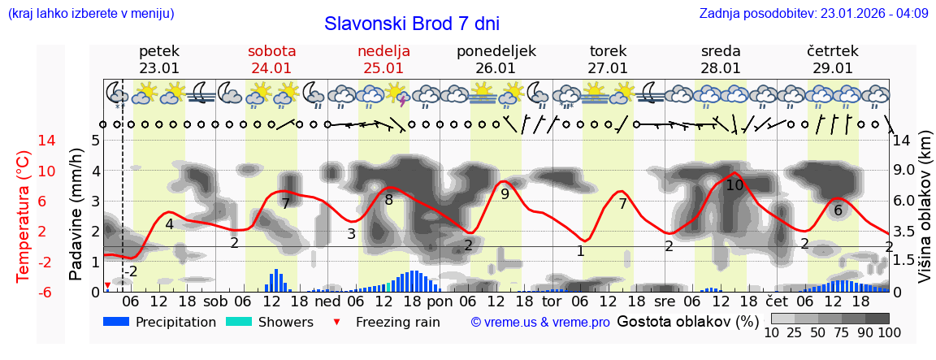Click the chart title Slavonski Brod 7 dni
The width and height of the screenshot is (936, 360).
pyautogui.click(x=412, y=24)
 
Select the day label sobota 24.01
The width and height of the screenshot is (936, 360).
pyautogui.click(x=271, y=59)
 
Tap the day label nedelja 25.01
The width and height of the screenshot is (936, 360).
pyautogui.click(x=383, y=59)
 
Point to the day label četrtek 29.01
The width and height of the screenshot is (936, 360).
pyautogui.click(x=832, y=59)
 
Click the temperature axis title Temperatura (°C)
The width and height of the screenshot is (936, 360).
pyautogui.click(x=24, y=216)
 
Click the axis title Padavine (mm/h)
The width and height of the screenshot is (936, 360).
pyautogui.click(x=76, y=215)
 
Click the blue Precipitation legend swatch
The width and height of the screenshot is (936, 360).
pyautogui.click(x=116, y=322)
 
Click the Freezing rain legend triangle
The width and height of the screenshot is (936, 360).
pyautogui.click(x=339, y=322)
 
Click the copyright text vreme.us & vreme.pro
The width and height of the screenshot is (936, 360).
pyautogui.click(x=540, y=322)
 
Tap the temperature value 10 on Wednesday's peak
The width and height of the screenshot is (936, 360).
pyautogui.click(x=734, y=185)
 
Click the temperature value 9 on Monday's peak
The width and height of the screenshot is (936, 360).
pyautogui.click(x=505, y=194)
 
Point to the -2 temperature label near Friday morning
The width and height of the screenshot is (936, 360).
pyautogui.click(x=130, y=271)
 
